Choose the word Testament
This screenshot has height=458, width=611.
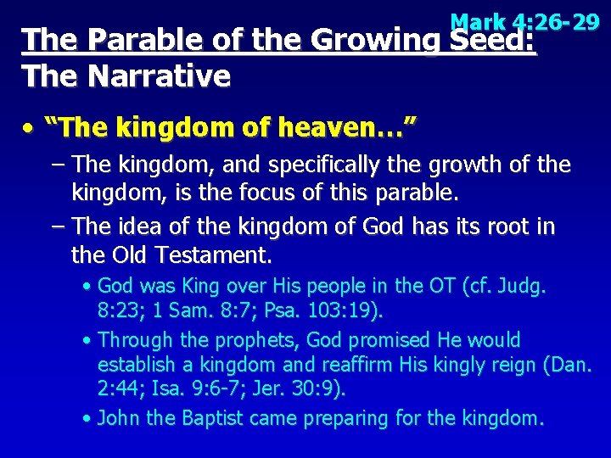(217, 254)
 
